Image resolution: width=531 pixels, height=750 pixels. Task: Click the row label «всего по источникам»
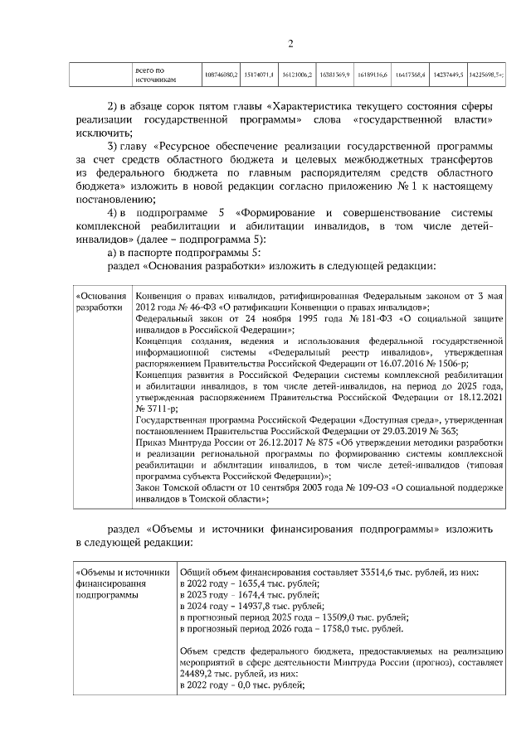click(x=154, y=75)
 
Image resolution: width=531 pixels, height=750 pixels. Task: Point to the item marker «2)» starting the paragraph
click(x=116, y=109)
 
